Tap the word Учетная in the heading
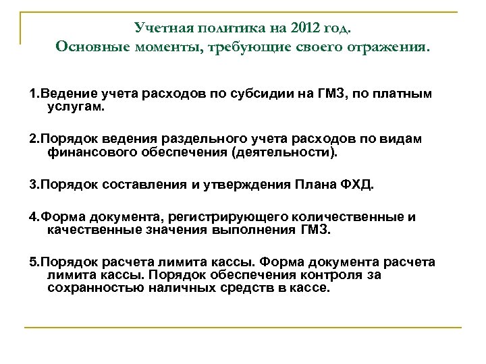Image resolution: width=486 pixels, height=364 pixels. (160, 28)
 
